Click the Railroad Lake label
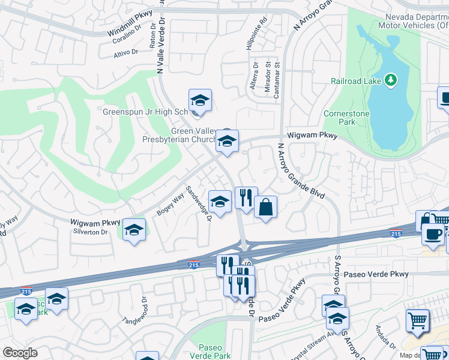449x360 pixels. click(357, 80)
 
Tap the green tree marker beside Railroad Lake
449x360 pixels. click(391, 80)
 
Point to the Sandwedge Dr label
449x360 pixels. click(199, 203)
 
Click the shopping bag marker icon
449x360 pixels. click(265, 208)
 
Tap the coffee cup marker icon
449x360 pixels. click(433, 233)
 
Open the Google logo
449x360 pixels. click(20, 353)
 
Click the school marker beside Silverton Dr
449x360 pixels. click(134, 230)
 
